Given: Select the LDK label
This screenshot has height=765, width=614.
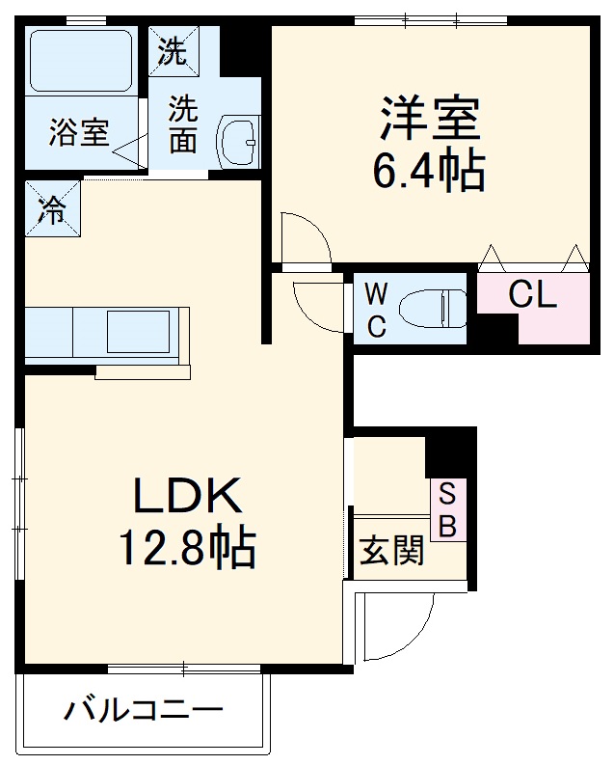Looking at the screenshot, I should [x=186, y=498].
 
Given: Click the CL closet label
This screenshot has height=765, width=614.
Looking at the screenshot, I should [x=533, y=295].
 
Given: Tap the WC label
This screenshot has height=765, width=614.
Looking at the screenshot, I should [x=376, y=309].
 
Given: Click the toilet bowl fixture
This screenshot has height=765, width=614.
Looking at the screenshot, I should [x=433, y=308].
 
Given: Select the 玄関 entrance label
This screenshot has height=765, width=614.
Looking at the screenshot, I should [x=391, y=552].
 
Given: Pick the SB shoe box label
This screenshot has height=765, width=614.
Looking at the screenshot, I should [x=447, y=510].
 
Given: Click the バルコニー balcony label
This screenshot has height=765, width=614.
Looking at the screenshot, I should [x=145, y=712].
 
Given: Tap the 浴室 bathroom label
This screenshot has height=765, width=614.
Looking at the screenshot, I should [x=79, y=132].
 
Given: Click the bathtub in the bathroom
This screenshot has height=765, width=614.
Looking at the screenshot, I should [x=81, y=61].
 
